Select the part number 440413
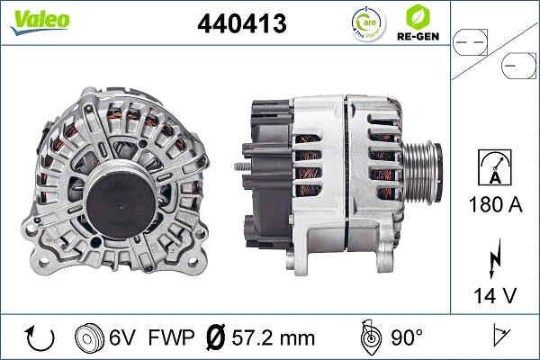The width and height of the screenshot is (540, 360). [x=241, y=25]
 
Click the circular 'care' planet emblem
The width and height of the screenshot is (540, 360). [x=364, y=24]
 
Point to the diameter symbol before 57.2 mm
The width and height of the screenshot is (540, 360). [x=216, y=337]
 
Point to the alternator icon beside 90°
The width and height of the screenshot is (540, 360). [x=369, y=337]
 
